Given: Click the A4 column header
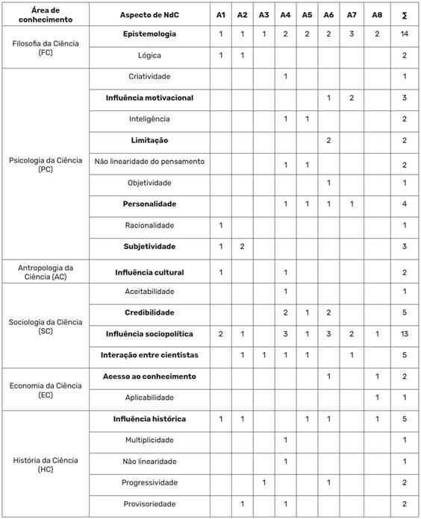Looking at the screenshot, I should pos(285,15).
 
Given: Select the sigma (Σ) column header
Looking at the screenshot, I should pos(403,15).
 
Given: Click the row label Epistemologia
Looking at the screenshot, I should pos(149,34).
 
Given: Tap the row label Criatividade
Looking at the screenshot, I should pos(149,76).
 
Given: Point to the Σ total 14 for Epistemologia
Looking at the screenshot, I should pos(403,34).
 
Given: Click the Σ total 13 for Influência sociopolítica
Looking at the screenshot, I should pos(403,333).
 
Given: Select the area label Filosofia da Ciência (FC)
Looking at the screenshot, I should pos(43,45).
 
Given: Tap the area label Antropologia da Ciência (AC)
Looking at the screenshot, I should pos(43,272).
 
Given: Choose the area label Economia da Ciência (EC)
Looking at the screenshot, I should pos(43,387).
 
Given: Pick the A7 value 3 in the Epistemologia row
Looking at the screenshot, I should pos(351,34).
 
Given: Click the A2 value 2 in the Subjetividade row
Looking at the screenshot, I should pos(242,247).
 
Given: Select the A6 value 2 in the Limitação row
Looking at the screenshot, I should pos(329,140).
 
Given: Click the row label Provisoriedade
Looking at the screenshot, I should pos(149,505).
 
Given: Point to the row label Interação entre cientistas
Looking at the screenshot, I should pos(149,355).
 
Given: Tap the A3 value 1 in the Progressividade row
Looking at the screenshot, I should pos(263,483).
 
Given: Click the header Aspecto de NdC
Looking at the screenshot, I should pos(149,15).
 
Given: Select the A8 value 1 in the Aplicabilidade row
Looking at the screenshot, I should pos(377,397).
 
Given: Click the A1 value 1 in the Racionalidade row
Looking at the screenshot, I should pos(220,225).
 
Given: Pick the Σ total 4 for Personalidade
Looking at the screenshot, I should pos(403,204).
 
